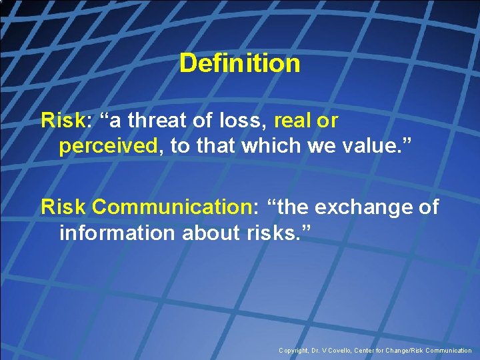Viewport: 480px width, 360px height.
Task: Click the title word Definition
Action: [240, 64]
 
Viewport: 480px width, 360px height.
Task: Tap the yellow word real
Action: [295, 121]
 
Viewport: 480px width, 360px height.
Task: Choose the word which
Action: [270, 146]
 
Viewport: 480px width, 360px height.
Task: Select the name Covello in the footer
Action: [341, 350]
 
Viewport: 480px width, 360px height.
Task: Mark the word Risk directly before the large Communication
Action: [63, 207]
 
